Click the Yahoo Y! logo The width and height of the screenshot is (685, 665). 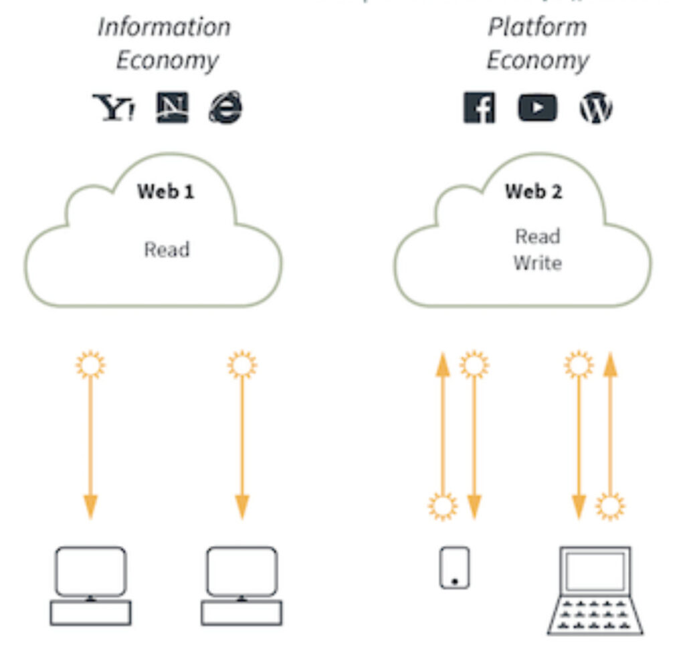(x=113, y=107)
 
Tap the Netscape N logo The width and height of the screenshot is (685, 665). (x=172, y=107)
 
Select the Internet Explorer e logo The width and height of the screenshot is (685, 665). (x=225, y=107)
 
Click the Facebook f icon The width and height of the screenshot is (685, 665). (x=479, y=108)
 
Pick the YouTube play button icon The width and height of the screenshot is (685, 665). (x=536, y=108)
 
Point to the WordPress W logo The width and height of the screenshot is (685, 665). (x=595, y=108)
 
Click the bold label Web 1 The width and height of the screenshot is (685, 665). (x=166, y=192)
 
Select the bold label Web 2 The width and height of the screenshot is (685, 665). (x=533, y=192)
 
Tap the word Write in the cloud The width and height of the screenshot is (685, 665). (x=537, y=263)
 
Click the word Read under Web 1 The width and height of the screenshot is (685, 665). (x=167, y=250)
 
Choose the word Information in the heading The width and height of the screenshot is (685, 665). (x=164, y=27)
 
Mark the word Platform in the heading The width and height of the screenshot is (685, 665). (x=537, y=27)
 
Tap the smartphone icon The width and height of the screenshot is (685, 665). (x=454, y=567)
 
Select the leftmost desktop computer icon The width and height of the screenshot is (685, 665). (x=91, y=585)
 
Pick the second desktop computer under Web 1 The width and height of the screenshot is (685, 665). (x=241, y=585)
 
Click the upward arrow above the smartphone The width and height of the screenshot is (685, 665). (x=442, y=428)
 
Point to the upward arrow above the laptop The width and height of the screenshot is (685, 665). (x=609, y=428)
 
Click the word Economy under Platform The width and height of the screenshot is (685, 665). (x=537, y=61)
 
